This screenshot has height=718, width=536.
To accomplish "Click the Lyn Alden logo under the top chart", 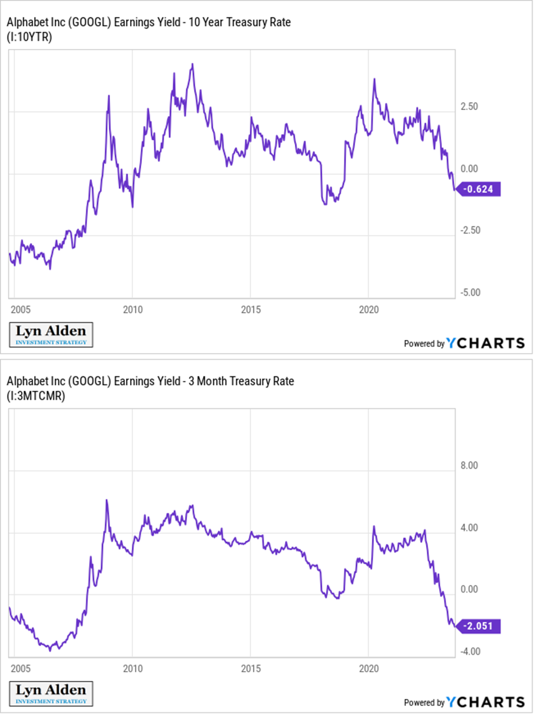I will [51, 335].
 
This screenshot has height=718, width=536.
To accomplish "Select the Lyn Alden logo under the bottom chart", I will [51, 693].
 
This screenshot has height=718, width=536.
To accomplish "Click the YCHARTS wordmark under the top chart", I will [485, 343].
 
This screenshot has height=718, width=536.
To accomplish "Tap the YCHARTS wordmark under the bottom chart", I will [485, 701].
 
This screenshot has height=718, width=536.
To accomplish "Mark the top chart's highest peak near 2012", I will [193, 64].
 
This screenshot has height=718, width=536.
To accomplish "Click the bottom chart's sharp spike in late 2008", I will [107, 500].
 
